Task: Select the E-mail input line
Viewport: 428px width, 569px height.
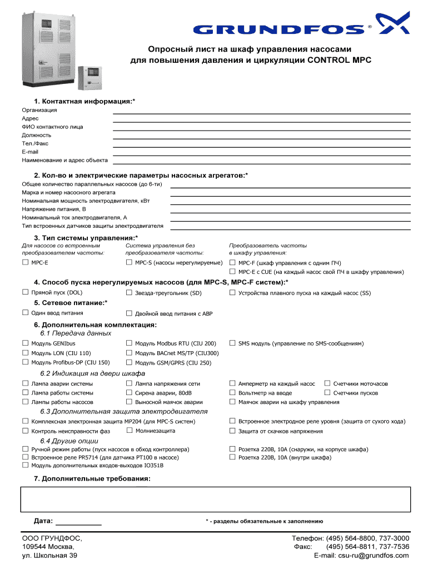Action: (261, 152)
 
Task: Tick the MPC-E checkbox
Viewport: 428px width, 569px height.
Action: (25, 262)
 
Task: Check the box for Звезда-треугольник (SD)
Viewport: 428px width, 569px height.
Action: (129, 292)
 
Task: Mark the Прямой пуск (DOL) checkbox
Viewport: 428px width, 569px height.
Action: (25, 292)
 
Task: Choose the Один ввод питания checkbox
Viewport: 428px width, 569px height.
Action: (25, 313)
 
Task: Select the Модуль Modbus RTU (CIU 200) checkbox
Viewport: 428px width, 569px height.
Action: (129, 343)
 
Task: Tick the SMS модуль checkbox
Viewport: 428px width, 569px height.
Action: (233, 343)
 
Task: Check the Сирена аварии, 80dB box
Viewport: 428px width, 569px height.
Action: (129, 393)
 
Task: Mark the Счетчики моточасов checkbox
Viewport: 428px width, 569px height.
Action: (327, 383)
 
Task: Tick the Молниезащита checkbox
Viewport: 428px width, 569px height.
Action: (129, 431)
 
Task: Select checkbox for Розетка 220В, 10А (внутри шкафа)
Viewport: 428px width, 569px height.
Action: (233, 457)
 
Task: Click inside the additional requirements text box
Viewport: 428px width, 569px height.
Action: (216, 499)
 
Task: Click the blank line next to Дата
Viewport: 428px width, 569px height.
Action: (79, 522)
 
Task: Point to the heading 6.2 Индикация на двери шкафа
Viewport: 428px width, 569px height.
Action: (92, 373)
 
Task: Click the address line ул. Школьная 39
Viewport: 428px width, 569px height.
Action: (49, 555)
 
